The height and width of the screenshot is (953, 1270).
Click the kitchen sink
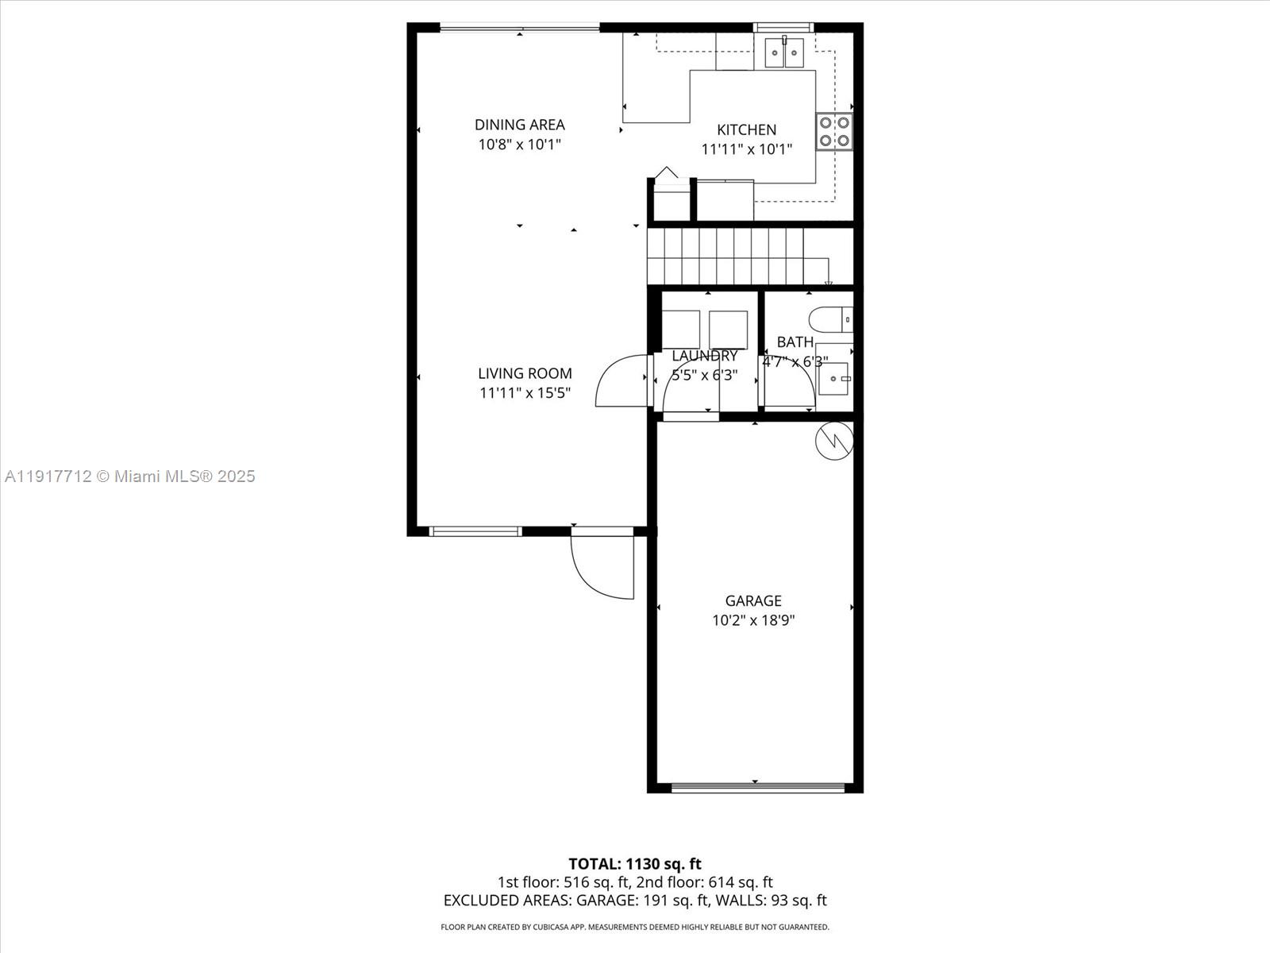point(784,52)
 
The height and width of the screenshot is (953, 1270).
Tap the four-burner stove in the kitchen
point(834,132)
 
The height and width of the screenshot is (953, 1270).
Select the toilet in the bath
point(830,319)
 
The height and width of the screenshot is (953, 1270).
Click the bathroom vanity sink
point(833,379)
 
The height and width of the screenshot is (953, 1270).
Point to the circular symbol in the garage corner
point(834,439)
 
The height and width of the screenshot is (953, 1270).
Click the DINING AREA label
point(519,125)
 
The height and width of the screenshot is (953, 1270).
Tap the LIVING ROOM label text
point(525,373)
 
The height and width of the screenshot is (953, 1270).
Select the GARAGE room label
point(753,601)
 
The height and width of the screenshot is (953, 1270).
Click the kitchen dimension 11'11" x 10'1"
point(746,149)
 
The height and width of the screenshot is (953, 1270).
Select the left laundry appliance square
point(681,329)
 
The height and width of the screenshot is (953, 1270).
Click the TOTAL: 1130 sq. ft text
point(634,864)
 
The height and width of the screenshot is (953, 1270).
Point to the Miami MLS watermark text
point(129,476)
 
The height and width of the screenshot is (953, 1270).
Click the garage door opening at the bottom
point(757,788)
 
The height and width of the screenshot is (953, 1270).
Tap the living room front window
point(475,531)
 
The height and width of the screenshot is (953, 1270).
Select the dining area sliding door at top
point(520,28)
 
